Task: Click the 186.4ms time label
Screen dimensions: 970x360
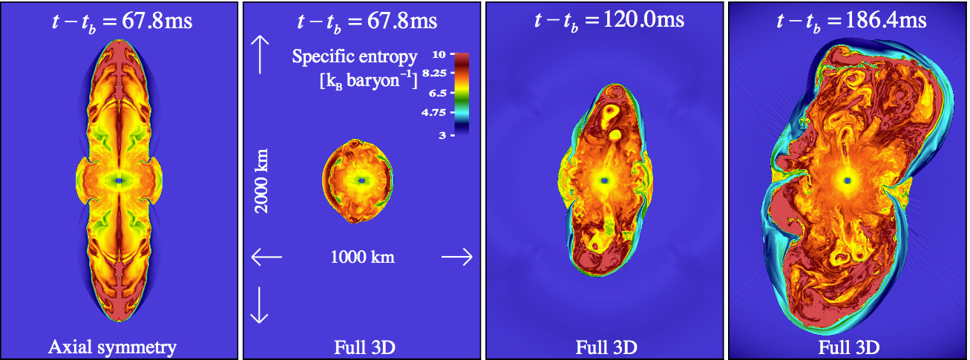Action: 851,22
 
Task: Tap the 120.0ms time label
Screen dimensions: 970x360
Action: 609,22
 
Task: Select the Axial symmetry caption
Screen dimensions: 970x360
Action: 112,347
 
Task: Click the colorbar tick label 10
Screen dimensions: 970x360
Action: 439,55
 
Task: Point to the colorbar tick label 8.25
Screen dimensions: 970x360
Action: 434,73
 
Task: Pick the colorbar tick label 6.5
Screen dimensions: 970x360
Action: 437,93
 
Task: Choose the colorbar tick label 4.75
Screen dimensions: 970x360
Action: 434,113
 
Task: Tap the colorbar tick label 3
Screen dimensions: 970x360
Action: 442,135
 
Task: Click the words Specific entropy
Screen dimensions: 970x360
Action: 355,57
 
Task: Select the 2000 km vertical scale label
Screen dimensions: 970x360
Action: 261,180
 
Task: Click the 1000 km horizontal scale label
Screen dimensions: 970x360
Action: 362,258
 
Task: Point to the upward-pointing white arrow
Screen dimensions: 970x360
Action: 260,55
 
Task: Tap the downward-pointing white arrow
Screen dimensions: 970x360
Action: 260,305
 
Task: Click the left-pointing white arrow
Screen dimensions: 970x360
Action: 266,257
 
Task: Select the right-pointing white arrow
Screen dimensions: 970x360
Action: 457,257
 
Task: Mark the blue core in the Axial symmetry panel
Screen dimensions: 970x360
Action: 119,180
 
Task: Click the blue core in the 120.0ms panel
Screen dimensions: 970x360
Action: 605,180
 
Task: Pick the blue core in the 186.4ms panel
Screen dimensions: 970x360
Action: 848,180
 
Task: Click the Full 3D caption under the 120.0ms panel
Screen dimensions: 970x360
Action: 606,347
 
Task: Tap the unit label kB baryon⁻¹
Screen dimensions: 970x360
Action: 369,81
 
